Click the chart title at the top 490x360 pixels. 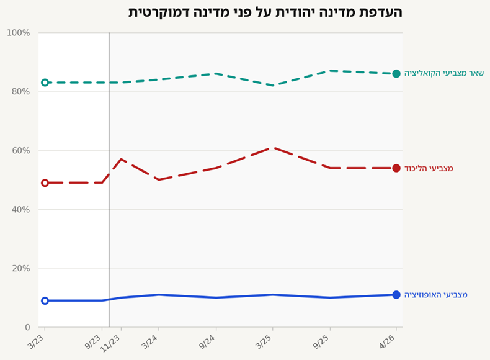tap(265, 12)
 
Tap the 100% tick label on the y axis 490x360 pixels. tap(19, 33)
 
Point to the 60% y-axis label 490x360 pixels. tap(21, 150)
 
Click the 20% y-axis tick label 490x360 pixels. tap(21, 268)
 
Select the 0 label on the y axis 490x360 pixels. tap(27, 327)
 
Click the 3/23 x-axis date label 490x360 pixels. tap(36, 341)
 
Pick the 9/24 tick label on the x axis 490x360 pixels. tap(207, 341)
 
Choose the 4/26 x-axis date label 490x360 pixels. tap(388, 341)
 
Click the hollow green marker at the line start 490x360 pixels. tap(45, 83)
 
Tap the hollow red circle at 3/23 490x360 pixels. tap(45, 183)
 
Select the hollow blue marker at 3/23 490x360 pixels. tap(45, 300)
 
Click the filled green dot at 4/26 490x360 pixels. tap(396, 74)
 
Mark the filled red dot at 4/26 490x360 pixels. tap(396, 168)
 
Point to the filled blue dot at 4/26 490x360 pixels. tap(396, 295)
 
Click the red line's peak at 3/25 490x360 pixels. tap(273, 147)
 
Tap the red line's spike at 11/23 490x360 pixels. tap(121, 159)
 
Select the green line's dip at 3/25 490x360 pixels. tap(273, 86)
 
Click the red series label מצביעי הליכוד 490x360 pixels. tap(429, 169)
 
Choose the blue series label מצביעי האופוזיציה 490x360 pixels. tap(436, 295)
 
